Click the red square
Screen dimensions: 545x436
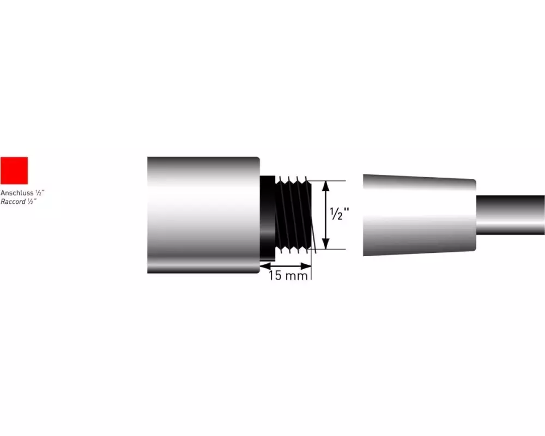pos(14,171)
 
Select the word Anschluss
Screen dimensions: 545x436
pos(17,192)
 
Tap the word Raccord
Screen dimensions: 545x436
pos(13,202)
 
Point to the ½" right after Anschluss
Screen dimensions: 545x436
pos(40,192)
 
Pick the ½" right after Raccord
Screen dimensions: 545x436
pos(32,201)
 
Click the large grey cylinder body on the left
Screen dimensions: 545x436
pos(203,215)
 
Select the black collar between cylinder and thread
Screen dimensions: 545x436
pos(268,219)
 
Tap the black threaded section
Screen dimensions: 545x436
pos(293,215)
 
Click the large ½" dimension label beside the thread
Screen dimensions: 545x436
pos(339,214)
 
